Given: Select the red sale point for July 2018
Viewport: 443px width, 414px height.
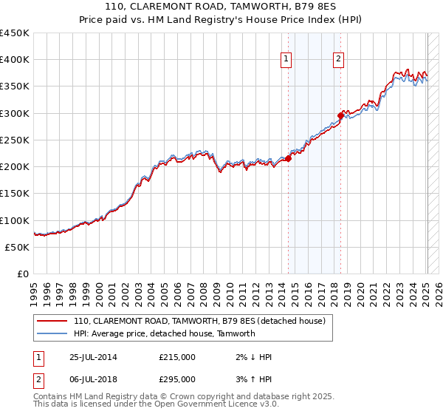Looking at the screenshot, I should pyautogui.click(x=340, y=115).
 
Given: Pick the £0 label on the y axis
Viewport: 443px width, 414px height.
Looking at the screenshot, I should pyautogui.click(x=23, y=274).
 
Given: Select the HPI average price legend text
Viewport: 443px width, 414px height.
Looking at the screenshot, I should pyautogui.click(x=164, y=333).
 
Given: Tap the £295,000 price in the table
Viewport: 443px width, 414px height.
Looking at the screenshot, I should pyautogui.click(x=177, y=379).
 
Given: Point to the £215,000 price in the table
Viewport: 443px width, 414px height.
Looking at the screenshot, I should pyautogui.click(x=177, y=357).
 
